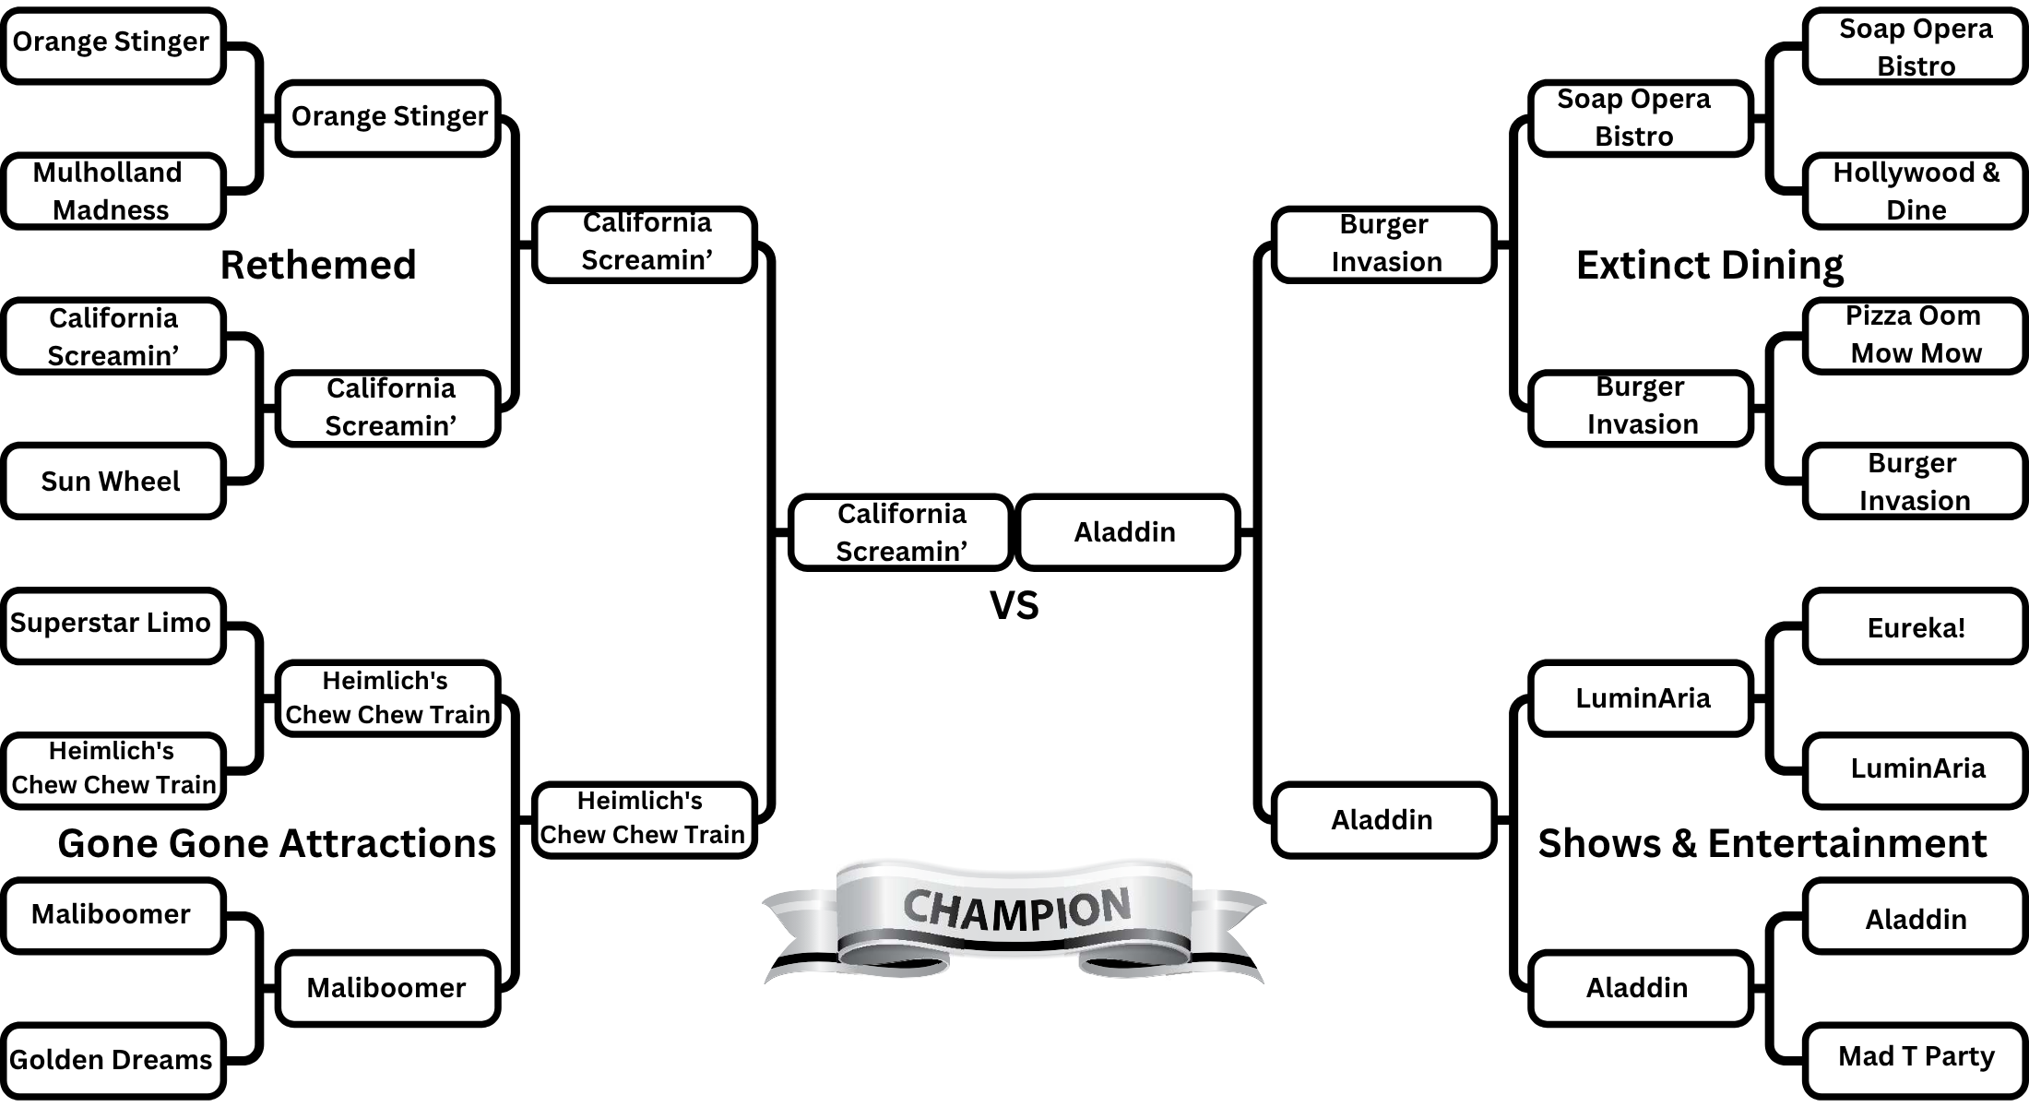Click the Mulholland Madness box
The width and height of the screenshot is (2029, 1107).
tap(113, 191)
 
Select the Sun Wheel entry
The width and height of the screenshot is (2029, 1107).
tap(113, 481)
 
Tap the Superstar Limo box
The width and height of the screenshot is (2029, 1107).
tap(113, 625)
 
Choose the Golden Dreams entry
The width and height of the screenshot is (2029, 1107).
tap(113, 1060)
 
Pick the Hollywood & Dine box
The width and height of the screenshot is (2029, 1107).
tap(1915, 191)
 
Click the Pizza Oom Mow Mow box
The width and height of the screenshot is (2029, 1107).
tap(1915, 335)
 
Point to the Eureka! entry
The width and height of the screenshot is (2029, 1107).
tap(1915, 627)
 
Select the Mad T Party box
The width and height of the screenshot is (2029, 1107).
tap(1915, 1057)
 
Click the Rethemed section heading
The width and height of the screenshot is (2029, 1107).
tap(318, 265)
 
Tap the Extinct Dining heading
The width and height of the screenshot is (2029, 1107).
tap(1709, 265)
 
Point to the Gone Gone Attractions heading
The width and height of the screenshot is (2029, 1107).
tap(277, 843)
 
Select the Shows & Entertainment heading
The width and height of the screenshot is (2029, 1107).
tap(1762, 843)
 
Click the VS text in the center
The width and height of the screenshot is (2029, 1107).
tap(1014, 606)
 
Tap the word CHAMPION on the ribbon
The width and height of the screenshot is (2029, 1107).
tap(1015, 909)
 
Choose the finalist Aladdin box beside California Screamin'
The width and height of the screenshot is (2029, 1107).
tap(1126, 532)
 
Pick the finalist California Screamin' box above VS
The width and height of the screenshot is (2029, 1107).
tap(901, 532)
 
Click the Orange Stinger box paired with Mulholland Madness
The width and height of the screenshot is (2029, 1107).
tap(113, 44)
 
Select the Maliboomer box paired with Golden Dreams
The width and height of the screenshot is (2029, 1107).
tap(113, 915)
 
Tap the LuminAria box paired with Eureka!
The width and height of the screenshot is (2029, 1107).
tap(1915, 768)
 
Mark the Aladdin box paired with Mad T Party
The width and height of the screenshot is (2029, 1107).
tap(1915, 919)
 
